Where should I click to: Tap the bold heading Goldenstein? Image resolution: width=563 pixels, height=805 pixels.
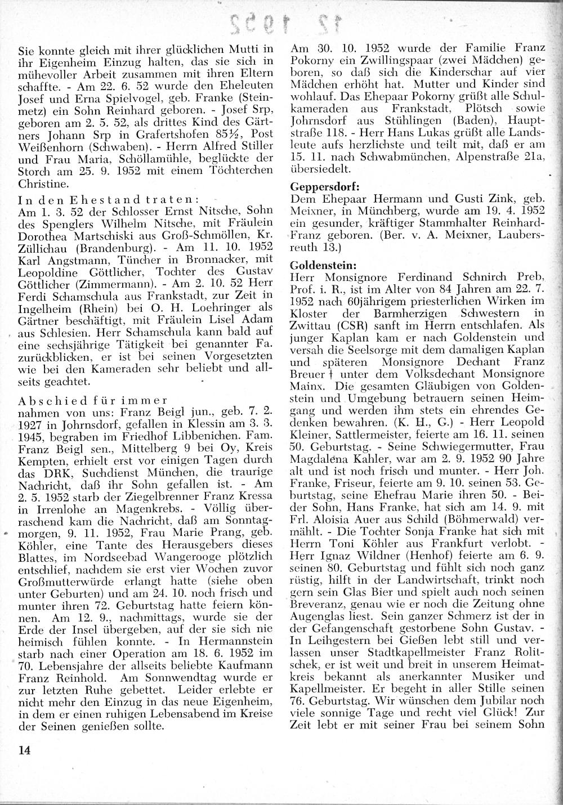[x=319, y=264]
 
